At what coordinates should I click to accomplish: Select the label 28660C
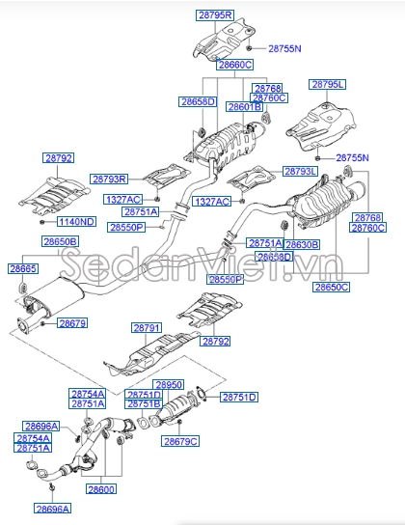pyautogui.click(x=234, y=66)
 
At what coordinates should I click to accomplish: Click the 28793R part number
pyautogui.click(x=110, y=179)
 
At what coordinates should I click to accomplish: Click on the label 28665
pyautogui.click(x=24, y=268)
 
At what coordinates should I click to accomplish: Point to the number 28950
pyautogui.click(x=169, y=384)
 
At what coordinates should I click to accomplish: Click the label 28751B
pyautogui.click(x=144, y=404)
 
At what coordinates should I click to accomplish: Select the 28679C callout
pyautogui.click(x=180, y=441)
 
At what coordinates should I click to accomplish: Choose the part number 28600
pyautogui.click(x=101, y=489)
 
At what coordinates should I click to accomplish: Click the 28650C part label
pyautogui.click(x=332, y=288)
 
